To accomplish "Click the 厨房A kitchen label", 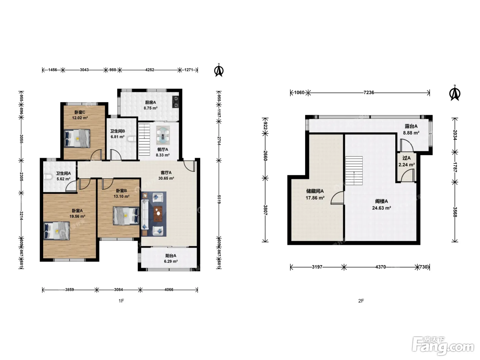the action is coord(151,102).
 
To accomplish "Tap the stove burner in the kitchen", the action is coord(176,102).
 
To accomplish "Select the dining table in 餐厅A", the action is coord(163,135).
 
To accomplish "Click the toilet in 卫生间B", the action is coord(132,139).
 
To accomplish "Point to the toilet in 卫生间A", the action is coord(48,177).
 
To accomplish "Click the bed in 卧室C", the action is coord(77,139).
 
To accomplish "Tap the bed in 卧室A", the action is coord(57,231).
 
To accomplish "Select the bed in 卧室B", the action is coord(126,216).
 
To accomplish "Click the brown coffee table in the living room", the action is coord(158,214).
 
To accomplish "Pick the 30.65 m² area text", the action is coord(166,178).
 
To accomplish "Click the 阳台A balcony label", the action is coord(170,255).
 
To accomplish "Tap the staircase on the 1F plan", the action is coord(144,140).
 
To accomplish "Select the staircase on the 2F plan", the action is coord(354,171).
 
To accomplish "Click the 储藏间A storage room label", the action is coord(315,191).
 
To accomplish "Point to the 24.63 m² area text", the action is coord(382,208).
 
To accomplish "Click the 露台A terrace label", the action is coord(411,126).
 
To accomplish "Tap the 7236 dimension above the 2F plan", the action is coord(369,93).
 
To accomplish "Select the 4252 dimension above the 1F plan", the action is coord(149,70).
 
